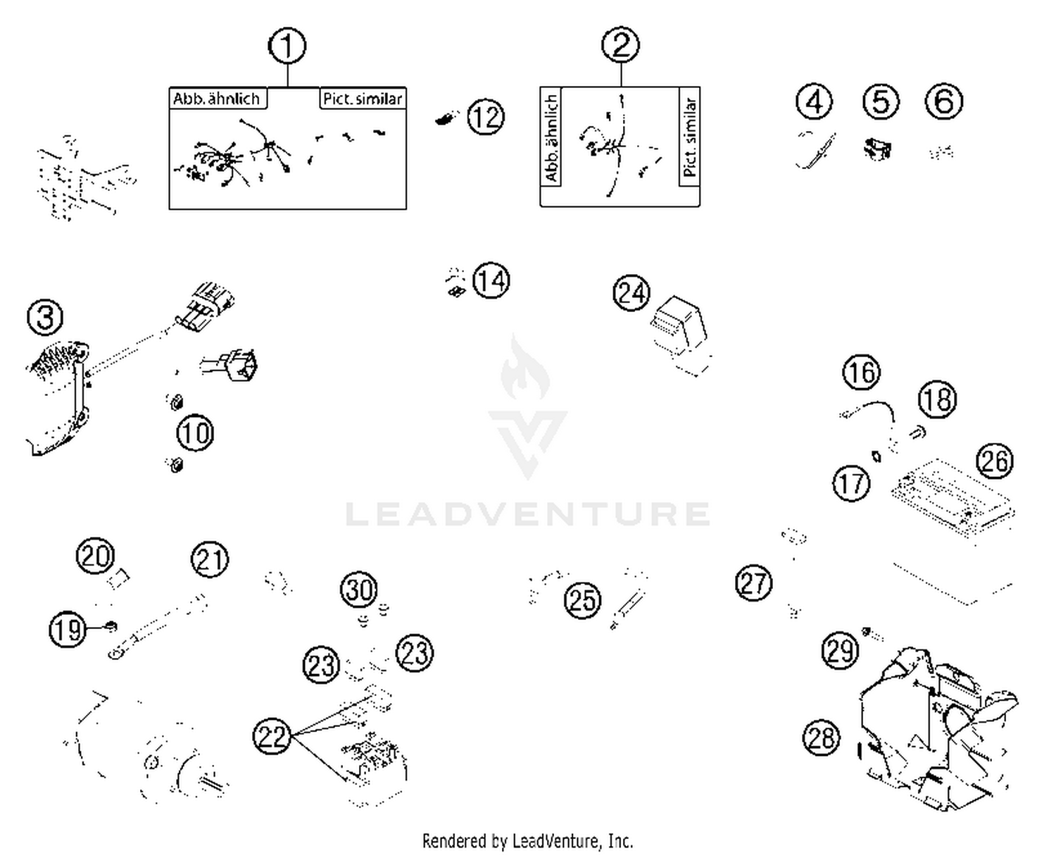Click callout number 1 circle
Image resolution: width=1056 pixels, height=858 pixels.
pyautogui.click(x=287, y=46)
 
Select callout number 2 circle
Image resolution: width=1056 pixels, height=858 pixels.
pyautogui.click(x=620, y=45)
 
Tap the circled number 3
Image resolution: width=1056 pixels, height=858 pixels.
pyautogui.click(x=45, y=317)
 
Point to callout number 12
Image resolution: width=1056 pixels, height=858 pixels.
pyautogui.click(x=486, y=116)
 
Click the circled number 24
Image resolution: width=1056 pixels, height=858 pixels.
pyautogui.click(x=631, y=293)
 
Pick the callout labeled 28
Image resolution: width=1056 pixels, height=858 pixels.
pyautogui.click(x=822, y=738)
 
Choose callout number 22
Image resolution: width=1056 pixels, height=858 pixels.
pyautogui.click(x=272, y=736)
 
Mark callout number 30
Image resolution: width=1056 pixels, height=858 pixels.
pyautogui.click(x=359, y=589)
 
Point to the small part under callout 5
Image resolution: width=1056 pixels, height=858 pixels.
pyautogui.click(x=877, y=149)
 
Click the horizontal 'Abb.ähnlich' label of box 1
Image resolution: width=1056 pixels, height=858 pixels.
pyautogui.click(x=217, y=99)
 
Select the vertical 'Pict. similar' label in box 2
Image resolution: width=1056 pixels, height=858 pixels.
pyautogui.click(x=690, y=137)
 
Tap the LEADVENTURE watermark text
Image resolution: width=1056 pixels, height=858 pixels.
pyautogui.click(x=528, y=514)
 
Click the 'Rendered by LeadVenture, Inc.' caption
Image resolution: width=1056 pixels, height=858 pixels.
pyautogui.click(x=527, y=840)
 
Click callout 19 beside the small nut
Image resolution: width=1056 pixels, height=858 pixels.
pyautogui.click(x=68, y=629)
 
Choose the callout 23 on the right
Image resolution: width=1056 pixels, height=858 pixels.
pyautogui.click(x=413, y=652)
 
